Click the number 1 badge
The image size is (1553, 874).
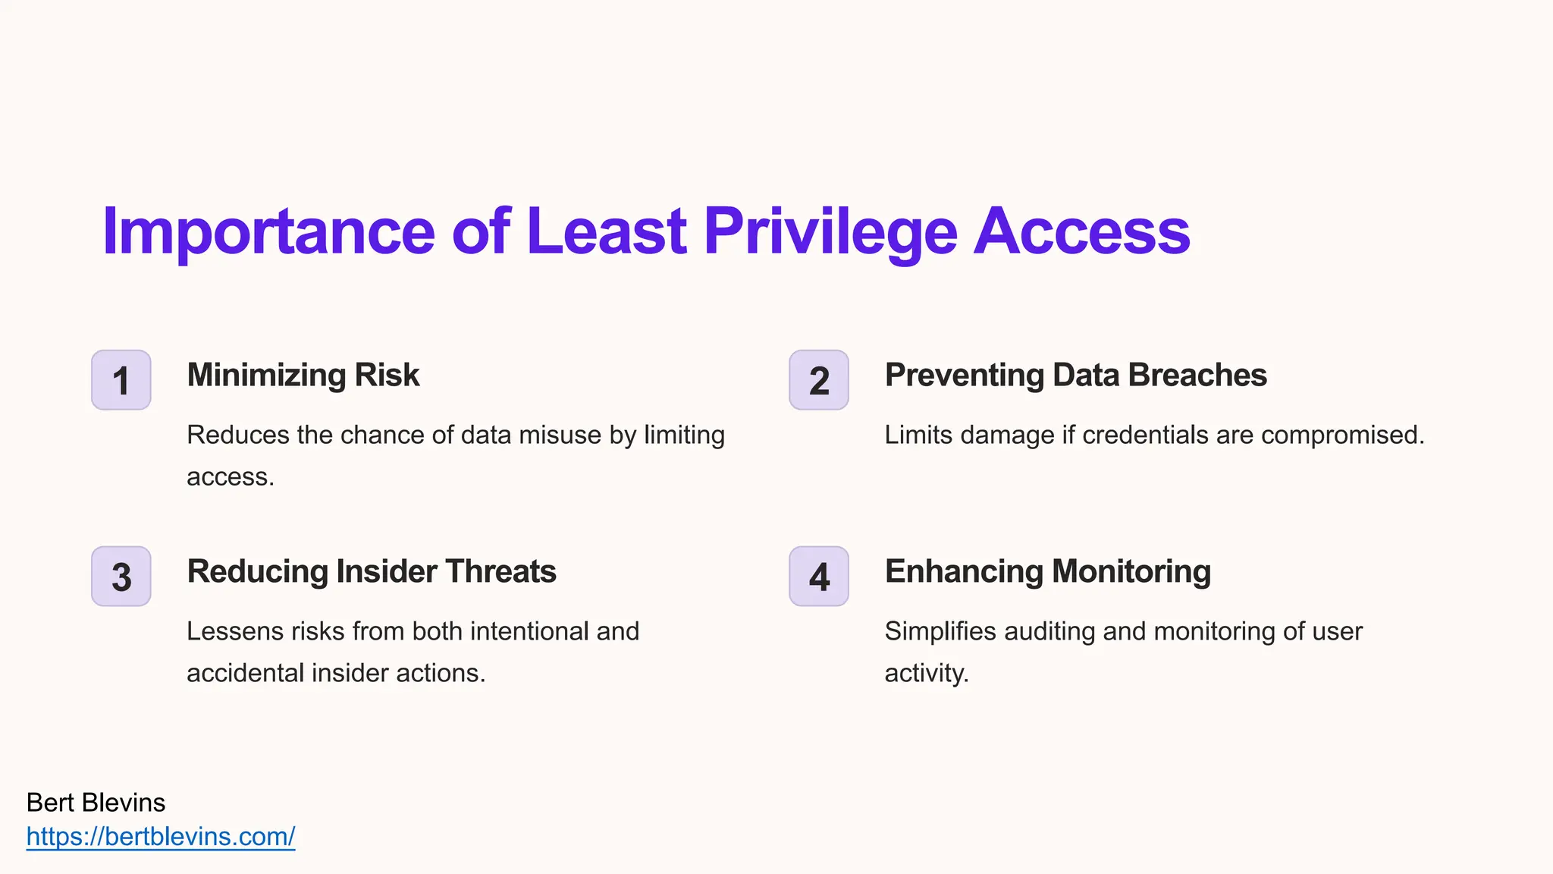coord(121,380)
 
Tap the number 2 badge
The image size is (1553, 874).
coord(819,380)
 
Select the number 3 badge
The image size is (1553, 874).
coord(121,577)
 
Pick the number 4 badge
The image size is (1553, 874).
coord(819,577)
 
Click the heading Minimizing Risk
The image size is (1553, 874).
coord(303,375)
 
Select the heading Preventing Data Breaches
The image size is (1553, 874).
coord(1075,375)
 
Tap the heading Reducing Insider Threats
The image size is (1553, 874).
coord(371,571)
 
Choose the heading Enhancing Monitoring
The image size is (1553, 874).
coord(1047,571)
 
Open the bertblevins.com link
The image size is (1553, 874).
coord(161,836)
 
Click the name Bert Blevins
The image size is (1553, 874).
coord(96,803)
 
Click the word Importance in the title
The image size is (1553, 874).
coord(268,231)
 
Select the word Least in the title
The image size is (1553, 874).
coord(606,231)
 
